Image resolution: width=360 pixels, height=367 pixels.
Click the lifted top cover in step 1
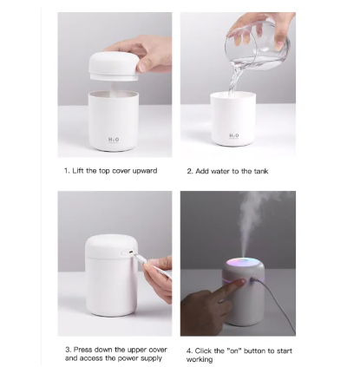coord(114,67)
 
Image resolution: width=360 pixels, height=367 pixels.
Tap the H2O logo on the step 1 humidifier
coord(114,141)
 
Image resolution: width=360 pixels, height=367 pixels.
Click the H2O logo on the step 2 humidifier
coord(234,136)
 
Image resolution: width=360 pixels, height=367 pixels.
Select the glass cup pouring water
coord(258,46)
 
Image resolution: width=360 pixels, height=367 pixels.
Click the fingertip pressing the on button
coord(242,281)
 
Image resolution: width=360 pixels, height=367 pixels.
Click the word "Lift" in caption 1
coord(78,171)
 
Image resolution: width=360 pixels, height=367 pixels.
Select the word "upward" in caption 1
coord(145,171)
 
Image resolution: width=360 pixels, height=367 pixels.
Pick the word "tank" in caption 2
coord(261,171)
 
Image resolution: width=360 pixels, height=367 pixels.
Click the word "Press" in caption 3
coord(83,350)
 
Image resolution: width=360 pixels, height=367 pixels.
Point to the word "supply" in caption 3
coord(151,358)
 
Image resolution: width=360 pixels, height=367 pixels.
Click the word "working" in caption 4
coord(200,359)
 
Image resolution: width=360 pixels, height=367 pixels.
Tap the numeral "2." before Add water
coord(190,171)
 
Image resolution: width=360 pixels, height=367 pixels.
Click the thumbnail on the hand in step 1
coord(142,67)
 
